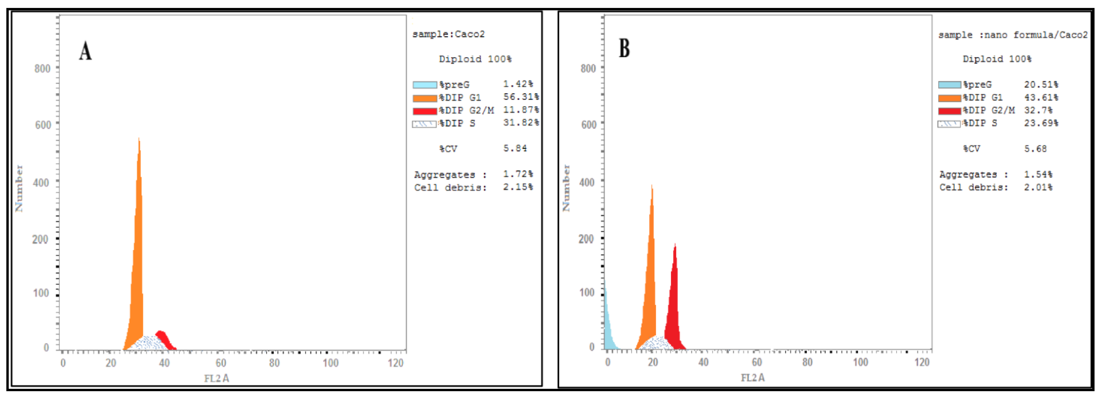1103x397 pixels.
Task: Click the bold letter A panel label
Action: point(85,51)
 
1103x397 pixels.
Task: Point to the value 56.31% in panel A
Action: point(521,97)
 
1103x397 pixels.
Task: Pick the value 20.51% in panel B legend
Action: point(1041,84)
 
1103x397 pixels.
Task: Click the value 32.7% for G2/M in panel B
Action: point(1038,110)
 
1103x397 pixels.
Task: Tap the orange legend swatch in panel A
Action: point(424,98)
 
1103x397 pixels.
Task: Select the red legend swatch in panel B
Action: point(949,111)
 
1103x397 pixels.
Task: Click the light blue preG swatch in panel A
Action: point(424,85)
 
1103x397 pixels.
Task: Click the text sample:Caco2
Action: point(448,34)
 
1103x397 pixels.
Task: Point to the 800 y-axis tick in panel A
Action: point(42,69)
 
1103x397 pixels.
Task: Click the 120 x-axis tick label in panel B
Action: point(922,362)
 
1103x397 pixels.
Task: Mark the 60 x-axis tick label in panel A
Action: point(221,363)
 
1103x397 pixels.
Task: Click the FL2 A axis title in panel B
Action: point(752,377)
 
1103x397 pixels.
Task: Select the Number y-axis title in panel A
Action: point(19,188)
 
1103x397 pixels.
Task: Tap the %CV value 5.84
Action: point(515,148)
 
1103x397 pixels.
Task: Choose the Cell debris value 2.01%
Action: point(1038,187)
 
